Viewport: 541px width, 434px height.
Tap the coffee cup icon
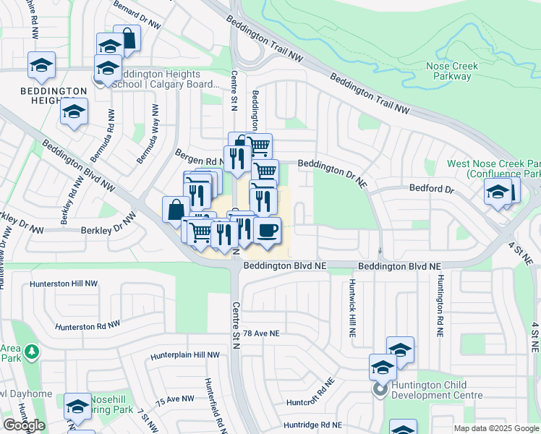(x=267, y=231)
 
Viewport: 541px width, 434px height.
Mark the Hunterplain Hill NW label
(x=184, y=355)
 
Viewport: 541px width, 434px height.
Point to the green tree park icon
(x=31, y=352)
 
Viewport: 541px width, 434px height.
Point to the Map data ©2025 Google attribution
(x=497, y=428)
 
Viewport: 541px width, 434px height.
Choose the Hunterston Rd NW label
(x=86, y=326)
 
